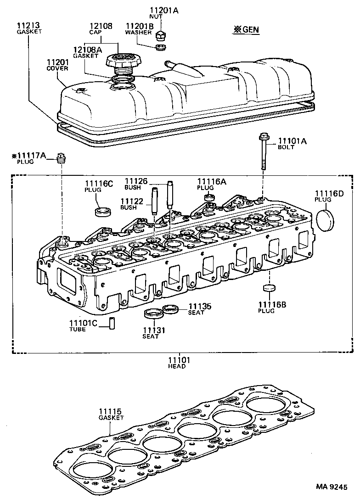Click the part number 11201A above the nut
[163, 10]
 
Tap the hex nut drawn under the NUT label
[161, 34]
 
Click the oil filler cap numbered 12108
[119, 62]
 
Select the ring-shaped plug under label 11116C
[102, 212]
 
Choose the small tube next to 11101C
[112, 323]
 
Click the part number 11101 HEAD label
[177, 360]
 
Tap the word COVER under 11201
[57, 68]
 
